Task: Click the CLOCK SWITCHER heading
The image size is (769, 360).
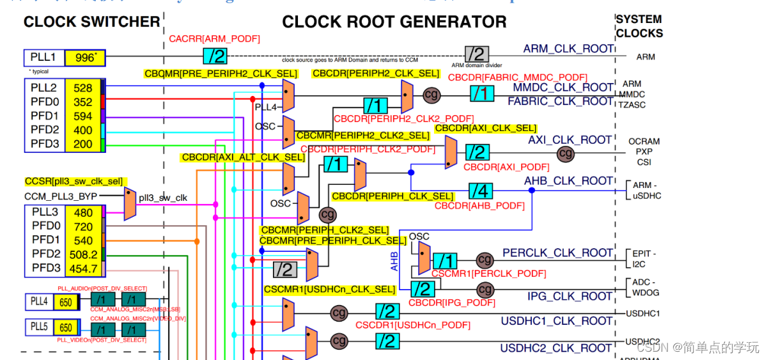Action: click(x=91, y=22)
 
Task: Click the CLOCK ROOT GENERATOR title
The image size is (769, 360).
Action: click(x=394, y=22)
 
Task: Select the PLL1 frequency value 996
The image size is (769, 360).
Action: click(x=84, y=58)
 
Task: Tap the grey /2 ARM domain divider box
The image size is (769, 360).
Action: click(x=476, y=54)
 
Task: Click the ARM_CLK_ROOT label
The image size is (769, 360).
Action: click(x=568, y=49)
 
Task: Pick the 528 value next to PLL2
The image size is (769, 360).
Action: click(x=83, y=88)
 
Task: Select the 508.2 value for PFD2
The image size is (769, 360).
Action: click(x=83, y=254)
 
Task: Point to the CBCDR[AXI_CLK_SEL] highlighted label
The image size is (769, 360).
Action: click(x=486, y=129)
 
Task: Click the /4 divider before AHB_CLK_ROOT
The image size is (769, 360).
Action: click(x=481, y=191)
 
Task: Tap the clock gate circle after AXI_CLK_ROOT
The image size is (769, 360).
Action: click(x=566, y=153)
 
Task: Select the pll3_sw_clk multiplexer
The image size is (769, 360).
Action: click(x=130, y=203)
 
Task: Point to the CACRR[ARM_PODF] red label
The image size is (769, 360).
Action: click(x=215, y=40)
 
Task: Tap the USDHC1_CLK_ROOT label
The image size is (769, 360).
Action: click(x=557, y=320)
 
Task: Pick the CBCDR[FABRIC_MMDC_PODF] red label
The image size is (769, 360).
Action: click(x=518, y=77)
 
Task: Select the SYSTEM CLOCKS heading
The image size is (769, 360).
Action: click(x=639, y=26)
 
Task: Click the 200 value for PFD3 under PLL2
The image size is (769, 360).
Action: click(x=83, y=145)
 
